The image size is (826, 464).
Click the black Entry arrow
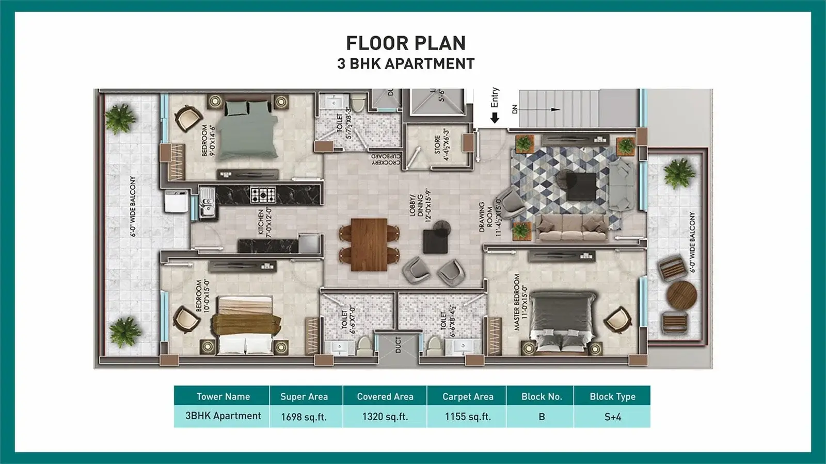(x=495, y=118)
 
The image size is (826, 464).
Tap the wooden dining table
(x=369, y=244)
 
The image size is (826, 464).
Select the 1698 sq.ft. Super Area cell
(x=304, y=417)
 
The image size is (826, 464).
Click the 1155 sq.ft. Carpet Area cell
(x=468, y=417)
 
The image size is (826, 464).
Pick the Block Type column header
(x=612, y=396)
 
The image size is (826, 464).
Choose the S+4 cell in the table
(x=612, y=417)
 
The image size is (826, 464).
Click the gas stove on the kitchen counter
(x=263, y=195)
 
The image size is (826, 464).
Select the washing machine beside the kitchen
(x=176, y=201)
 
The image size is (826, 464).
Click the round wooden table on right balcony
(x=681, y=294)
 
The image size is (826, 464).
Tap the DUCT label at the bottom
(x=398, y=344)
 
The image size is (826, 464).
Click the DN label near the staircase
(x=514, y=109)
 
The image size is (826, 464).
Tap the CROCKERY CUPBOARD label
(x=386, y=159)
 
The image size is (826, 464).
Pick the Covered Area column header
(x=385, y=396)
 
